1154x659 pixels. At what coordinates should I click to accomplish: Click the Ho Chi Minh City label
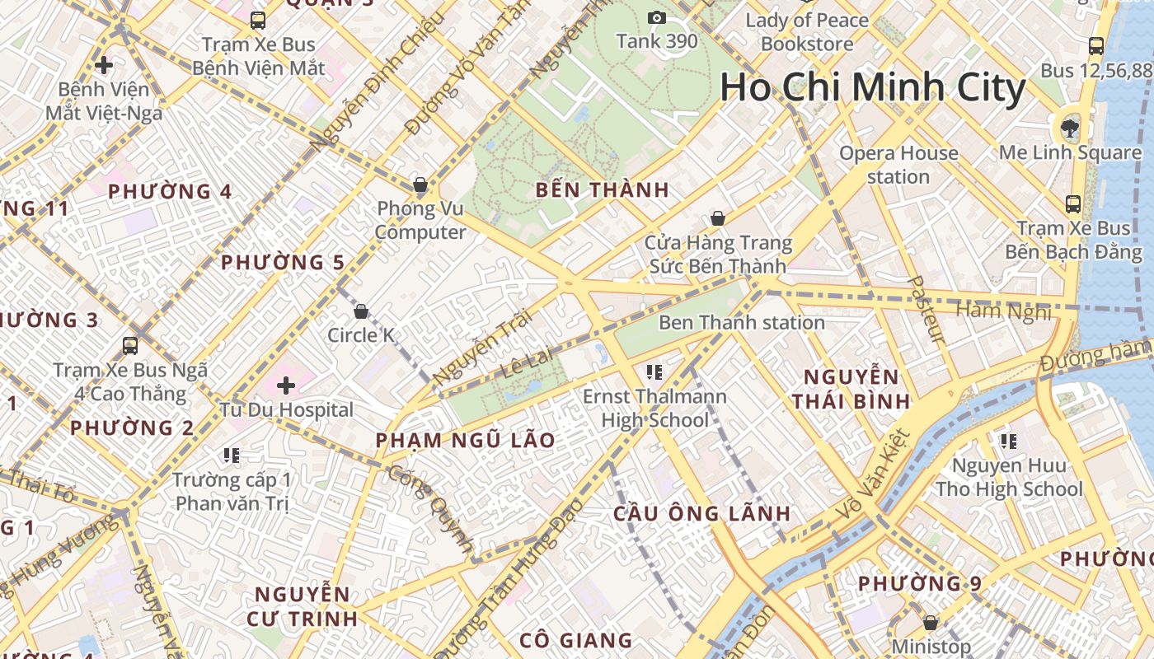873,88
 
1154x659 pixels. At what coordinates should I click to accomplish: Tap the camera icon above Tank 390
657,17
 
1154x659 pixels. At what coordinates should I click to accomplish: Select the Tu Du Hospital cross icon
286,385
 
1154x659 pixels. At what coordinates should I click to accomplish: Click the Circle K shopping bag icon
360,311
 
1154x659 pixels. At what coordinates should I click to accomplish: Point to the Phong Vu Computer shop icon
420,185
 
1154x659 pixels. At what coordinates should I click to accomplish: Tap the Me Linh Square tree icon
1070,128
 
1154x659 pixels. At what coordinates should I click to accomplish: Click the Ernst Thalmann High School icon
655,372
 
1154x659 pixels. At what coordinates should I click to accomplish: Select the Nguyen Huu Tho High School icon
1008,442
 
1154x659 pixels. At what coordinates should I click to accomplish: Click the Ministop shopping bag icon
931,623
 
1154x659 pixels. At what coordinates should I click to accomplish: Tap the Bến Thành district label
602,189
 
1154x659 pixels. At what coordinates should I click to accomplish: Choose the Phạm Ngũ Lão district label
465,440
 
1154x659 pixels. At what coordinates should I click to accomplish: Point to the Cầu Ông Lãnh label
702,513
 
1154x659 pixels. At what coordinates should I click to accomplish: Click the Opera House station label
898,165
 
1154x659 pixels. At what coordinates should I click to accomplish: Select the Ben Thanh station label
741,322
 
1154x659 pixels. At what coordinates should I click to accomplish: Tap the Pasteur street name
926,309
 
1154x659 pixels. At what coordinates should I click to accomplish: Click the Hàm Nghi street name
1003,311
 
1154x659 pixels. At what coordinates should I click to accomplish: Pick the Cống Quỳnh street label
430,508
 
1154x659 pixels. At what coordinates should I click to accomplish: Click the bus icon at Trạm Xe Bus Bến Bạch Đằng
1073,203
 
